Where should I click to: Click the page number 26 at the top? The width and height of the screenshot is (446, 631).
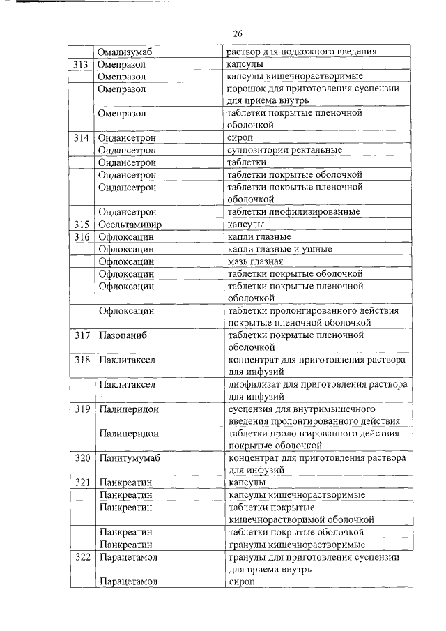click(237, 33)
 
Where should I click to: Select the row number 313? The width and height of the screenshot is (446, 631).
click(82, 64)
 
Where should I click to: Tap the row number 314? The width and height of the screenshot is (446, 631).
click(82, 138)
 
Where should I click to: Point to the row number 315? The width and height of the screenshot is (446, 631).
click(82, 225)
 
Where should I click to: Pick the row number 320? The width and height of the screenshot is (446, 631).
click(82, 458)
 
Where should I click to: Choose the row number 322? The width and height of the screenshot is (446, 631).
click(82, 557)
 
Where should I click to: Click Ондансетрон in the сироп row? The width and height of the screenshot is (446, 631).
click(128, 138)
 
